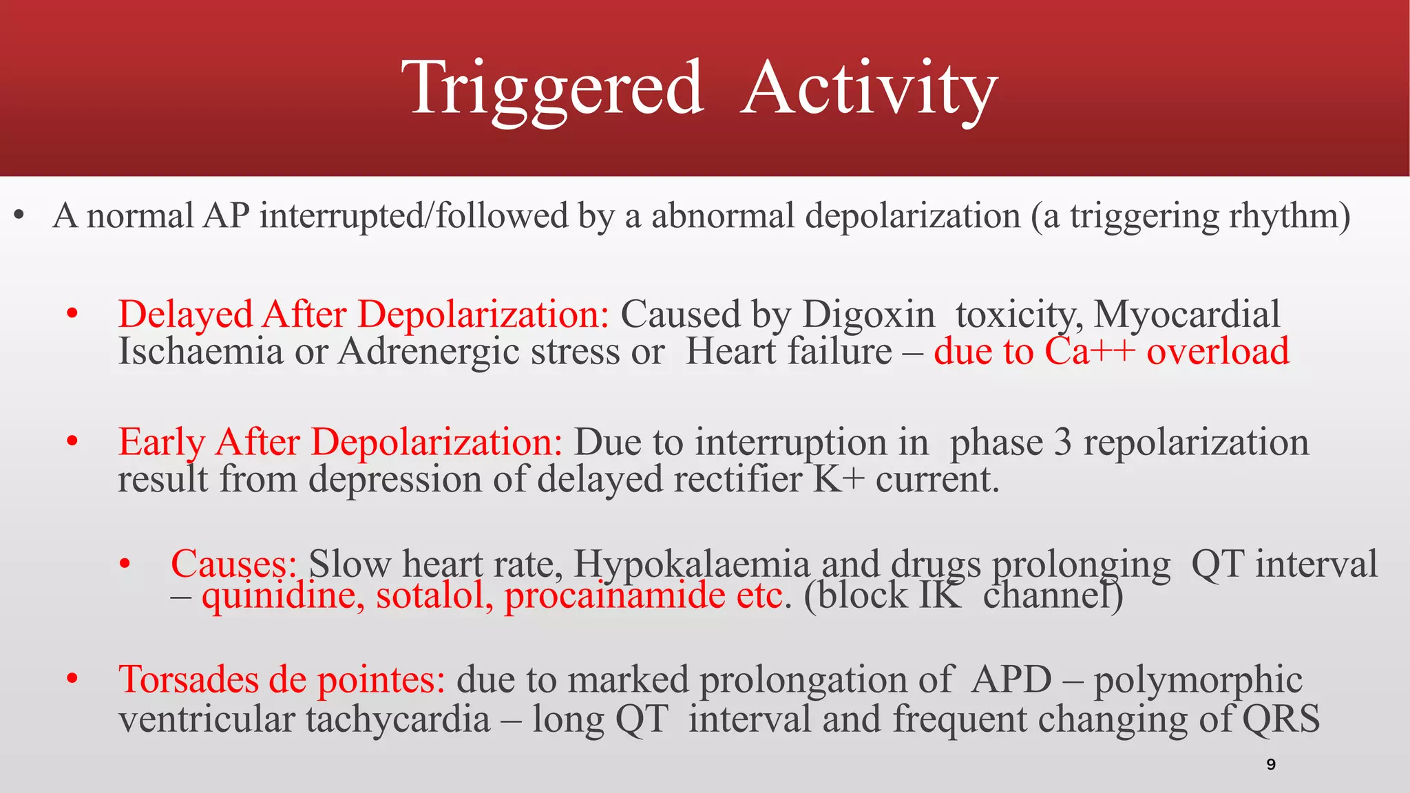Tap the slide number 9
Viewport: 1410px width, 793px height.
click(1271, 764)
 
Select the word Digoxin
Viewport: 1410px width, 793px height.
click(869, 315)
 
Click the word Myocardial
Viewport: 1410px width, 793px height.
click(1187, 315)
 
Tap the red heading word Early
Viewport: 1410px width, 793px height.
click(161, 442)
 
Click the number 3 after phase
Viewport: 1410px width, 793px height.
click(1063, 442)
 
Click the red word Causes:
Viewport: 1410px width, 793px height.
click(233, 564)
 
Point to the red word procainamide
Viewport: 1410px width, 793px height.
click(615, 595)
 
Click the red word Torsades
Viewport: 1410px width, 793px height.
click(188, 679)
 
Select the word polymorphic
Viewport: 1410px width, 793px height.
click(1198, 679)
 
